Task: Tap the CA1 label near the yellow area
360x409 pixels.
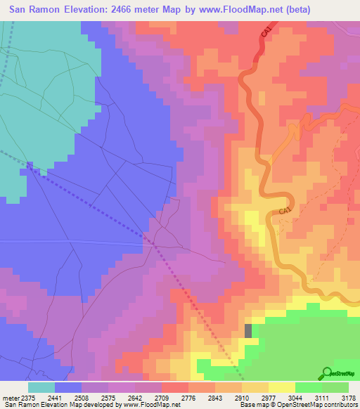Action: click(284, 210)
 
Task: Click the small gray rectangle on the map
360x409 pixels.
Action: click(247, 330)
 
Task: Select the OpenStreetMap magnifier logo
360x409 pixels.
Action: click(327, 373)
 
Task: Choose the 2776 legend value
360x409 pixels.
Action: click(188, 397)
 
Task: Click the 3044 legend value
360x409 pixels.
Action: click(295, 397)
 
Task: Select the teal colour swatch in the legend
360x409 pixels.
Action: click(41, 387)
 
